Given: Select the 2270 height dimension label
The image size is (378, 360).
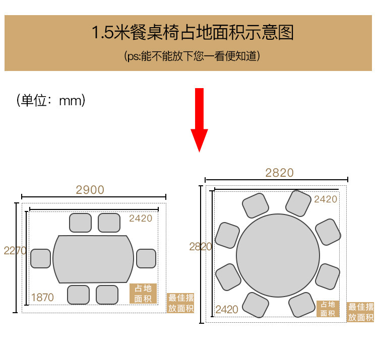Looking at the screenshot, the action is click(x=15, y=250).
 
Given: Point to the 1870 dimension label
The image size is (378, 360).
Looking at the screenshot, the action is click(x=42, y=298).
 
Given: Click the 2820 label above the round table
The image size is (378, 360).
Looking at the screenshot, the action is click(x=279, y=173).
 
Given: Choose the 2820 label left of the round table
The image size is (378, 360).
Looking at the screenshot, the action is click(x=201, y=247).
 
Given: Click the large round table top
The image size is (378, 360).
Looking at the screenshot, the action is click(x=278, y=255).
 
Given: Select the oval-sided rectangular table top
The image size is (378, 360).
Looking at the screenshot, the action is click(x=93, y=259).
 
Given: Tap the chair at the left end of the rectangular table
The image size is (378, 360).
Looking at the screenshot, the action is click(x=40, y=258).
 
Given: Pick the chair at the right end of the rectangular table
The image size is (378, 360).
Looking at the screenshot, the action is click(x=146, y=258).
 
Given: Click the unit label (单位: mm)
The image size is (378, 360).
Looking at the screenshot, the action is click(x=50, y=100).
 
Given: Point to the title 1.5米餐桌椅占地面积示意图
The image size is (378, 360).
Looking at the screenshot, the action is click(x=192, y=33).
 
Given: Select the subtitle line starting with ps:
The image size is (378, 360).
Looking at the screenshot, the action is click(x=192, y=56).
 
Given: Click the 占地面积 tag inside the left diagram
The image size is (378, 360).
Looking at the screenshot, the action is click(x=143, y=294).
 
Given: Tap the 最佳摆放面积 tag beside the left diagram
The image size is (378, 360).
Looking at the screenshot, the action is click(x=180, y=303).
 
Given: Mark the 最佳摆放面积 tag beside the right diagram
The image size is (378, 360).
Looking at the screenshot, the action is click(x=360, y=312).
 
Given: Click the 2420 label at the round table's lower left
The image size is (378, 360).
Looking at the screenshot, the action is click(x=227, y=309).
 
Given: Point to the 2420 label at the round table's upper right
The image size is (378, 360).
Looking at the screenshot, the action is click(x=326, y=199).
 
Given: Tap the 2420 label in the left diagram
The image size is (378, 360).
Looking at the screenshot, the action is click(x=140, y=218).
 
